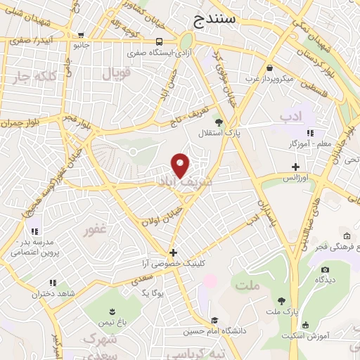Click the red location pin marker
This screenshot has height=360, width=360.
click(181, 165)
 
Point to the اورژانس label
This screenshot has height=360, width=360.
click(296, 178)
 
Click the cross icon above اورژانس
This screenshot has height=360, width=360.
click(296, 167)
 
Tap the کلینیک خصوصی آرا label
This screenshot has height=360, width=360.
click(174, 263)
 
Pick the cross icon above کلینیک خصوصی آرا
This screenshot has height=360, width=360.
click(174, 252)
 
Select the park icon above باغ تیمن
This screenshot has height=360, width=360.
click(112, 310)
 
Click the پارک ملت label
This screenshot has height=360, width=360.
click(281, 311)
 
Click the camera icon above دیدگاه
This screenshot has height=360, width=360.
click(324, 269)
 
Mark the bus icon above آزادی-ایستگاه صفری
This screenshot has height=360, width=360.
click(160, 41)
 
